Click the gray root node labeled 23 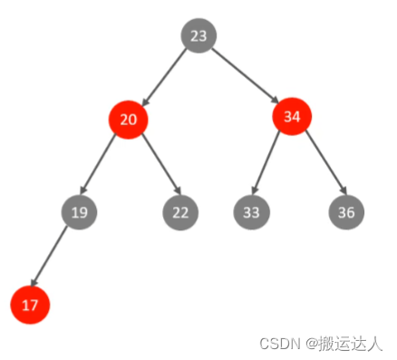199,36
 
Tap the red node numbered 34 292,117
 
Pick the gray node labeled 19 79,213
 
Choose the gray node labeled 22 180,213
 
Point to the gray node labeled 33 251,213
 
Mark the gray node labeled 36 346,213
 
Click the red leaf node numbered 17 30,306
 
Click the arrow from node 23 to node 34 245,76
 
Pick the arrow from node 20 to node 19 103,166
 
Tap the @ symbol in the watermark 310,345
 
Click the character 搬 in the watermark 324,344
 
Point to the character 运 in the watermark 341,344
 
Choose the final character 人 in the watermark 375,344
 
